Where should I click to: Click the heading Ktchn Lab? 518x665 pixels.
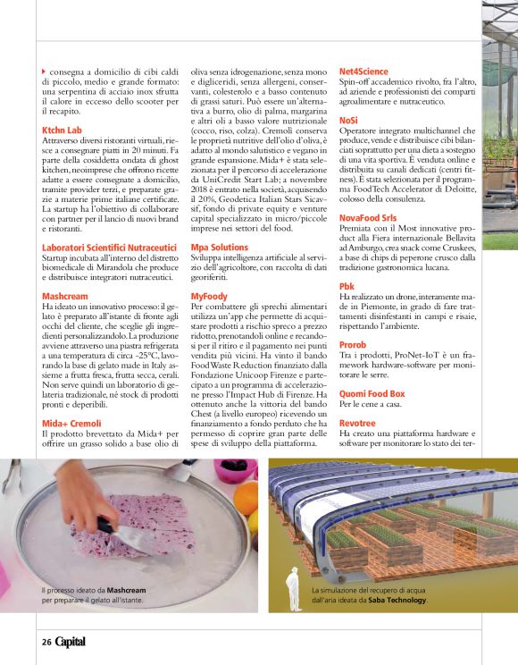[62, 130]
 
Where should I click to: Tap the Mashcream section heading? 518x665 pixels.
[65, 295]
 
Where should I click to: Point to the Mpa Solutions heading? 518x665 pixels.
[220, 247]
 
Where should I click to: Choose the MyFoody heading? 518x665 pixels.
[210, 295]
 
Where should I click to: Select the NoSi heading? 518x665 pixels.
[348, 119]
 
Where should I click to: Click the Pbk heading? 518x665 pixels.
[347, 285]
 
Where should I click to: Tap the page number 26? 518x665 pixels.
[46, 641]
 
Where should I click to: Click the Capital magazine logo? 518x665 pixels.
[71, 641]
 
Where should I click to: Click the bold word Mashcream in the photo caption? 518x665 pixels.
[127, 591]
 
